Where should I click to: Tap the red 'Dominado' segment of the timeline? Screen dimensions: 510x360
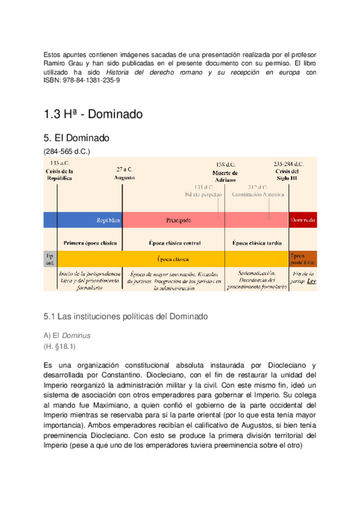coord(302,220)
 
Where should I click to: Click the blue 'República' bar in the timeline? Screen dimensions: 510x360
coord(90,220)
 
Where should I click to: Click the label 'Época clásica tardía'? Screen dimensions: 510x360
coord(257,243)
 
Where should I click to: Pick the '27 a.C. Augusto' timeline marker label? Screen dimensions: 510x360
coord(124,174)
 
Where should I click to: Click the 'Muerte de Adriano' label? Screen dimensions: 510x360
coord(226,171)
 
